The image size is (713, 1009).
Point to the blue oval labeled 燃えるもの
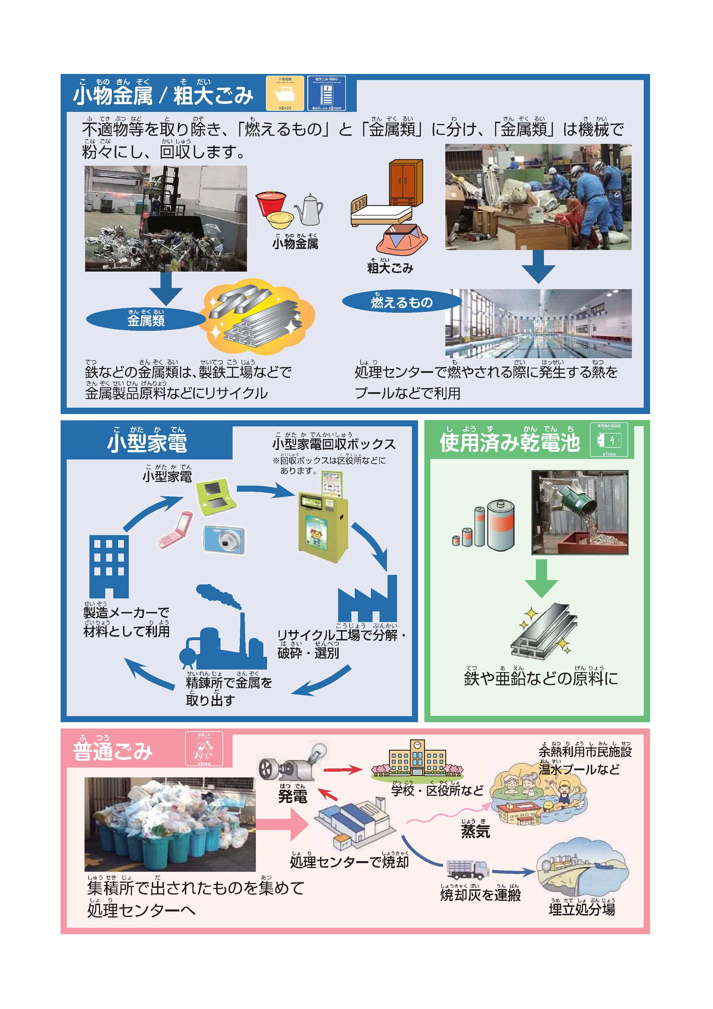coord(401,302)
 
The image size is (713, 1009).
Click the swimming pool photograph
coord(538,323)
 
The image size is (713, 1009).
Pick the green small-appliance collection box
coord(323,523)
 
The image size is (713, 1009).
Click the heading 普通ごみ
coord(113,752)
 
